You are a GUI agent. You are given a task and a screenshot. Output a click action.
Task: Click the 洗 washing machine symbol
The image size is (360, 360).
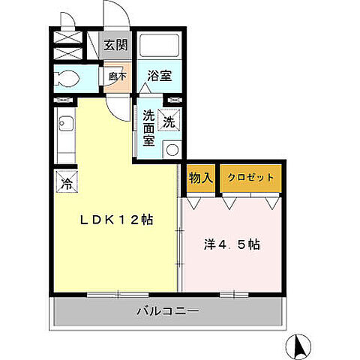click(x=169, y=121)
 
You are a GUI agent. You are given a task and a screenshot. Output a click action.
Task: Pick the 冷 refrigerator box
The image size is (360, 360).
click(x=67, y=182)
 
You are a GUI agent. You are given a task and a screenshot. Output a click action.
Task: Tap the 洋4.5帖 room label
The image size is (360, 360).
click(x=232, y=245)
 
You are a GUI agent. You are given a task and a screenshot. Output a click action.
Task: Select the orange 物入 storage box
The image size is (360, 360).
click(x=200, y=178)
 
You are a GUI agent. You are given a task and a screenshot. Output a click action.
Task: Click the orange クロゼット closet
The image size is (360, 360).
click(x=251, y=178)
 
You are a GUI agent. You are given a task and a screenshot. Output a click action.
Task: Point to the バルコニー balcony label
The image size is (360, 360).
click(x=167, y=310)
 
